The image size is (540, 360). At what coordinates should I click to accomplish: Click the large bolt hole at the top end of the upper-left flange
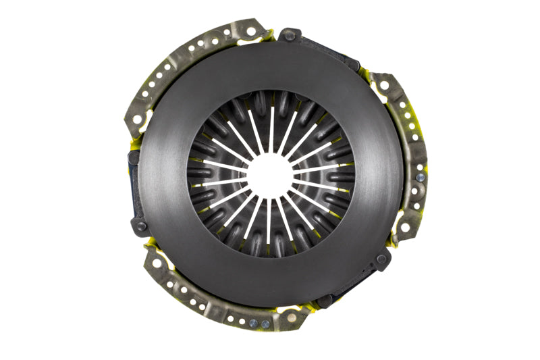[250, 30]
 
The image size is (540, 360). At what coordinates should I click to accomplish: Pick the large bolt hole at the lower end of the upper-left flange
[138, 120]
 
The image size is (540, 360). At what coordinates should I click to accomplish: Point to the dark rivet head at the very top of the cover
[289, 34]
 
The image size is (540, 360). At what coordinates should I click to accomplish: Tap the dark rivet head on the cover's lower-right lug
[381, 259]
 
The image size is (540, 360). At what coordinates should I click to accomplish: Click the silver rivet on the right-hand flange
[421, 177]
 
